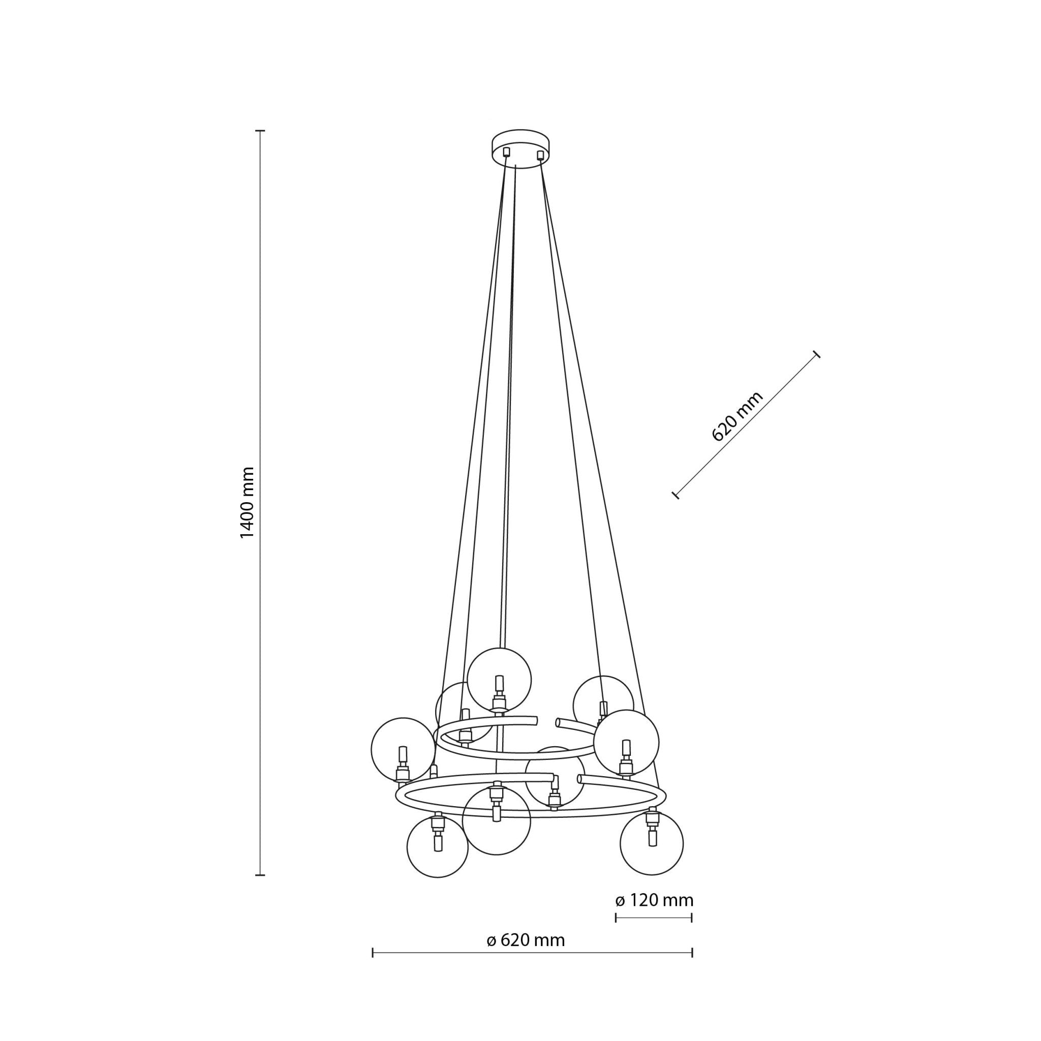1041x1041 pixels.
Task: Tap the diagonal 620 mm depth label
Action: click(x=737, y=416)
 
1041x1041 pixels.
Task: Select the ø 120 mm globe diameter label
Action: click(x=654, y=900)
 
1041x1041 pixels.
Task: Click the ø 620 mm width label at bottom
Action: click(x=526, y=940)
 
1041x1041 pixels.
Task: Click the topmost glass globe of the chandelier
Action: click(x=499, y=680)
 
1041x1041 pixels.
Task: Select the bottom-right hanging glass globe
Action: click(x=652, y=843)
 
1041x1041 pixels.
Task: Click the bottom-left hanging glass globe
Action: click(x=438, y=846)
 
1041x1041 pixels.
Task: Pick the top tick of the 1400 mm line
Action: click(x=260, y=131)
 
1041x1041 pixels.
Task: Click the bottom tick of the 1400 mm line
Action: click(x=260, y=875)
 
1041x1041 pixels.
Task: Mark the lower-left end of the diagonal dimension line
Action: click(x=676, y=495)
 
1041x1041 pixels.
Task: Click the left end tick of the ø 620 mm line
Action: click(x=373, y=953)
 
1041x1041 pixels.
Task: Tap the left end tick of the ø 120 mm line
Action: click(x=616, y=917)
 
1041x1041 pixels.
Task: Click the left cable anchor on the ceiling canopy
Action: click(x=506, y=152)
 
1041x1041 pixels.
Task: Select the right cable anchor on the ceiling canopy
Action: click(x=540, y=155)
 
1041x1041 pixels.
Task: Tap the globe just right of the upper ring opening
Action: click(x=603, y=702)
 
